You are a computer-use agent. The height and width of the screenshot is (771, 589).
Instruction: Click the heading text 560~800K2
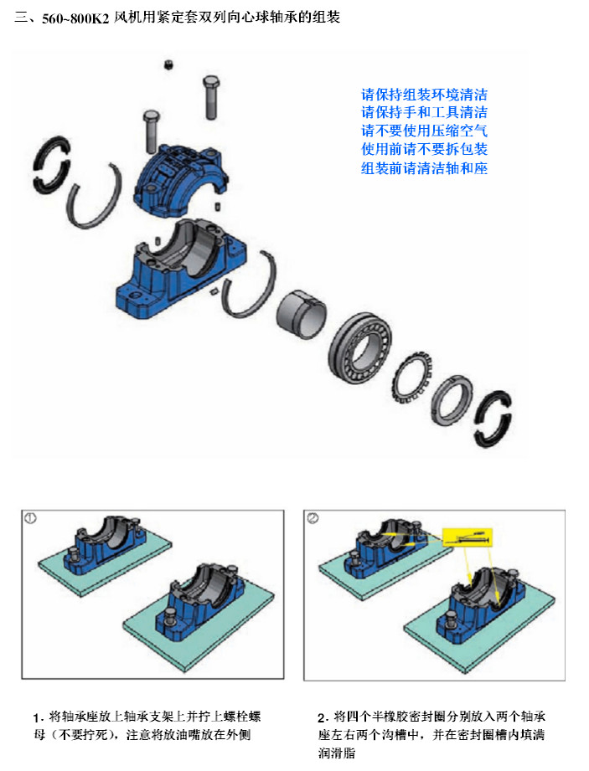75,19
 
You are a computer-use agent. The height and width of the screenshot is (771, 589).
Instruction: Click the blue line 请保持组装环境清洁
424,95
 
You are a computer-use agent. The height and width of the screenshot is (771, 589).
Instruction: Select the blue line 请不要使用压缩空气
424,131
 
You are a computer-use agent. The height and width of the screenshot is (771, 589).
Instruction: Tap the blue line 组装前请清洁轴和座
424,168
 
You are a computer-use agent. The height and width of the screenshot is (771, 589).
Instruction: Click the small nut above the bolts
168,64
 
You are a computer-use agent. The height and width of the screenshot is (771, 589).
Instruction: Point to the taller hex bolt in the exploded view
211,97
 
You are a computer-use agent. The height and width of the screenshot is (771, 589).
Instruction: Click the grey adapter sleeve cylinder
301,314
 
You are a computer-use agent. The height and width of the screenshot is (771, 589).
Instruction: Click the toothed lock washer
413,378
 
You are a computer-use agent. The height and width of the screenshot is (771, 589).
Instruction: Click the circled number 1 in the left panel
30,518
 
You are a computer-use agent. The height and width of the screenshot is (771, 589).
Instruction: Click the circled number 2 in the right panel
313,518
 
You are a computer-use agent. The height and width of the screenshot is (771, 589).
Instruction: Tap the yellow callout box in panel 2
467,537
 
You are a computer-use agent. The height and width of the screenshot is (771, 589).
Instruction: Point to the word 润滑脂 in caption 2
337,753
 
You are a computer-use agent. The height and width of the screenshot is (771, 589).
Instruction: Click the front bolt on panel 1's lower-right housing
171,617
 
